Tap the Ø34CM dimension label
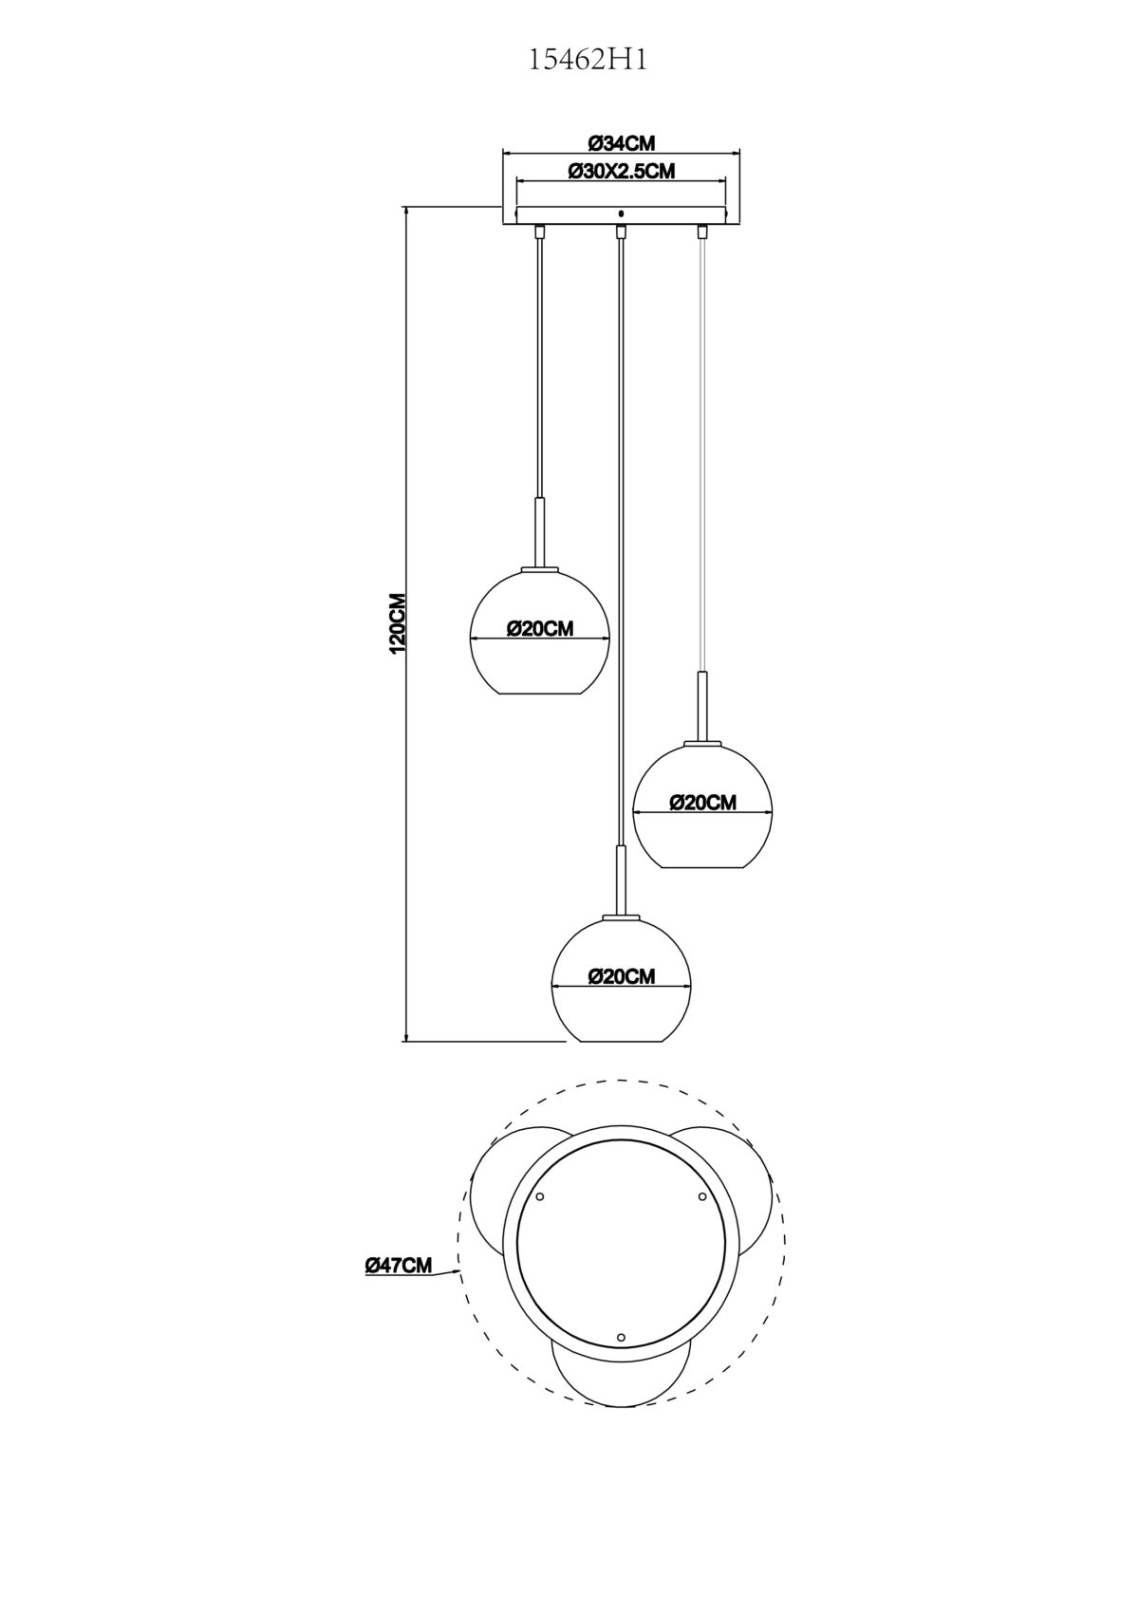tap(622, 143)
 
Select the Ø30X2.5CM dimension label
tap(621, 172)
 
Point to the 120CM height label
tap(398, 623)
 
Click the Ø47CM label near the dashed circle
tap(398, 1265)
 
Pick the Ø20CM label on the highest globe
tap(540, 629)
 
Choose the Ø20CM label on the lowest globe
tap(622, 976)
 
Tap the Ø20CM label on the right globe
tap(702, 803)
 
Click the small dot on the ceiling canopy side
tap(621, 213)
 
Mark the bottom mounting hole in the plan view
tap(621, 1338)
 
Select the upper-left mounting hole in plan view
tap(539, 1197)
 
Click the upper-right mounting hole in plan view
tap(702, 1197)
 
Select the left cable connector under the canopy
tap(540, 231)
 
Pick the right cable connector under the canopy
tap(702, 231)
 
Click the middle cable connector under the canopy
tap(621, 231)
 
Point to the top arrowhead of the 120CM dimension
tap(406, 211)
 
